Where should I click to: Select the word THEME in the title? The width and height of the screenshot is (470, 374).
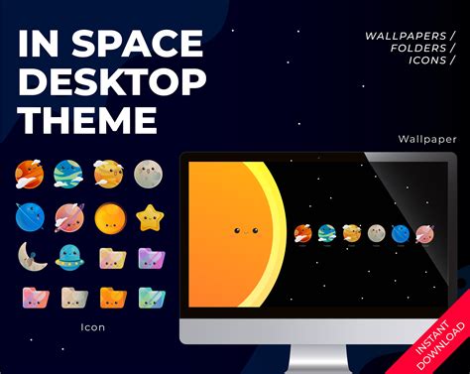click(87, 120)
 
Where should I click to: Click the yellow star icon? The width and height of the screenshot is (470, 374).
click(150, 216)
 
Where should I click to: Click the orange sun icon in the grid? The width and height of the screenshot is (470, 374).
click(110, 216)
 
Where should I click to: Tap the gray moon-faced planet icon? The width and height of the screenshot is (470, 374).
click(150, 176)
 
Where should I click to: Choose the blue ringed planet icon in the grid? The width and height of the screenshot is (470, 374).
click(30, 216)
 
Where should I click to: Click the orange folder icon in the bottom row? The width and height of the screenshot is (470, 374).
click(111, 297)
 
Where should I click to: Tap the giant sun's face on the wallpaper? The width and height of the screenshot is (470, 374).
click(244, 231)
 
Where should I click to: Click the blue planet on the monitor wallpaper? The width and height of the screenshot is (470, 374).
click(400, 233)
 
